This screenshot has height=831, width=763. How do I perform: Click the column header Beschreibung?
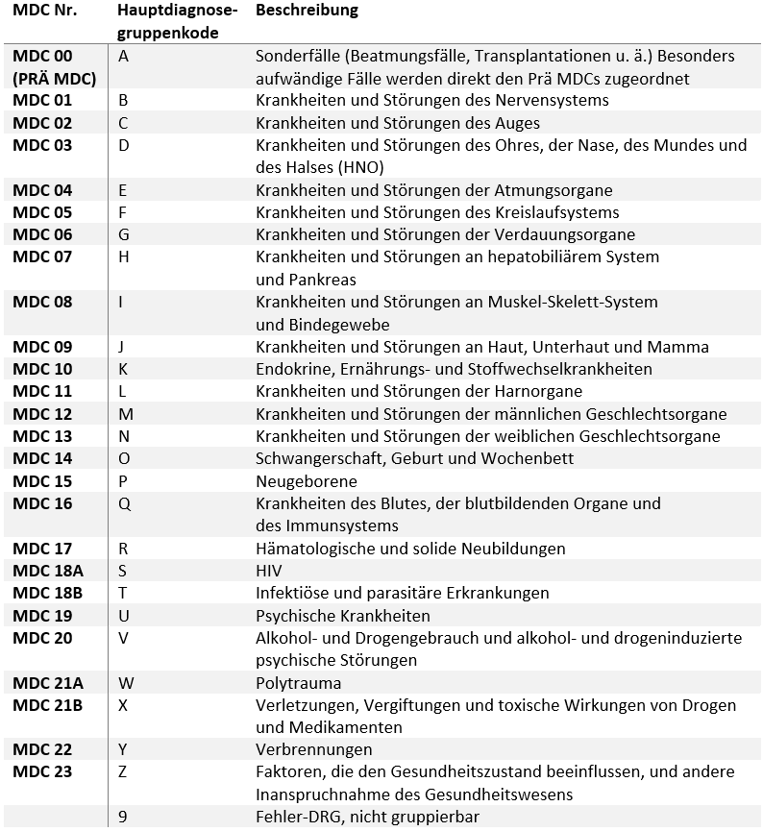tap(307, 11)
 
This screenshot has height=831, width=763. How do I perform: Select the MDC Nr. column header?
tap(45, 11)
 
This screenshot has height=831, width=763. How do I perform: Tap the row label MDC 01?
tap(42, 101)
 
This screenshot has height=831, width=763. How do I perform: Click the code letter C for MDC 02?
tap(123, 123)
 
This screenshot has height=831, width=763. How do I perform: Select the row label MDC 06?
tap(42, 234)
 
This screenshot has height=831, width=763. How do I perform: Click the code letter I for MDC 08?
tap(121, 302)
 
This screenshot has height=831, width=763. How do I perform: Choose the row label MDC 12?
tap(42, 414)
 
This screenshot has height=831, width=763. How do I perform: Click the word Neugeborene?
tap(306, 481)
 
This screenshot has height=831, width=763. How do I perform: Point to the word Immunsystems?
tap(340, 525)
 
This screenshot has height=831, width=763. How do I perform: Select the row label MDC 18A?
tap(48, 571)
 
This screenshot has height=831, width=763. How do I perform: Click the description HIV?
tap(269, 571)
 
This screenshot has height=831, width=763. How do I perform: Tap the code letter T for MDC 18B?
tap(122, 593)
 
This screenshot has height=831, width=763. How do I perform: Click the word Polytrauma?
tap(298, 683)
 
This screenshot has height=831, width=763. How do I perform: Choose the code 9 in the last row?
tap(123, 817)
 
